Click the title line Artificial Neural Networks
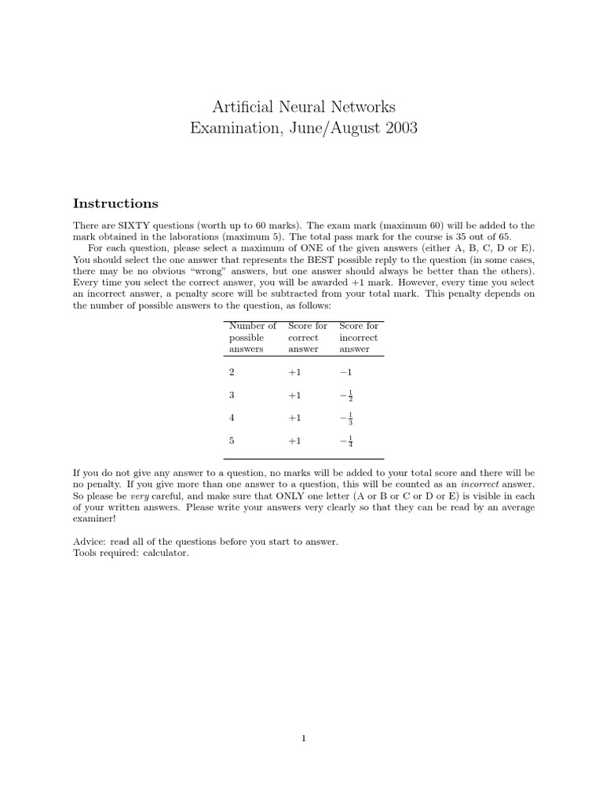tap(303, 106)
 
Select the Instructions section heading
tap(115, 203)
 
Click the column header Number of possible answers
tap(252, 337)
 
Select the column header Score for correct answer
tap(308, 337)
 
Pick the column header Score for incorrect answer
tap(359, 337)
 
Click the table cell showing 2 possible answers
tap(231, 372)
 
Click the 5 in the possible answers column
tap(231, 441)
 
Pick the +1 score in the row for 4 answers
tap(294, 418)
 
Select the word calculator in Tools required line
tap(166, 553)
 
